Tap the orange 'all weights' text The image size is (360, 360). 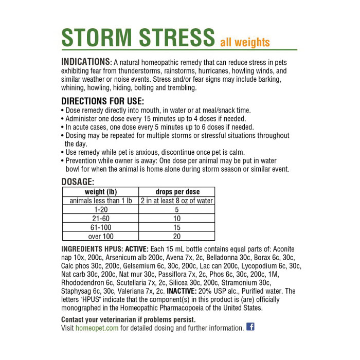click(245, 42)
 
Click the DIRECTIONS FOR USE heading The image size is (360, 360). click(102, 101)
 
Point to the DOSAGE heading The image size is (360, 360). click(78, 182)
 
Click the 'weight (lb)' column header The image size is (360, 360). click(101, 192)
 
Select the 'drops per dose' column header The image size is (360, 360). click(177, 192)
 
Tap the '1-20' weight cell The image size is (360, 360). click(101, 210)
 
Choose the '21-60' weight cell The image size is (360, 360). click(101, 219)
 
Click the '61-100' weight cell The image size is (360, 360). click(101, 227)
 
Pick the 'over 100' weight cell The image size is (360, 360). click(101, 236)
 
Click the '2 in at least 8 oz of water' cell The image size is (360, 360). click(177, 201)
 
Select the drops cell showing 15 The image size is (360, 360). click(177, 227)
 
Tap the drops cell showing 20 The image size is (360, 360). click(177, 236)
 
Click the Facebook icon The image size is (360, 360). click(250, 327)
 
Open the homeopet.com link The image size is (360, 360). click(97, 328)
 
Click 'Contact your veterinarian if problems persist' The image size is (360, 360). click(129, 319)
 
